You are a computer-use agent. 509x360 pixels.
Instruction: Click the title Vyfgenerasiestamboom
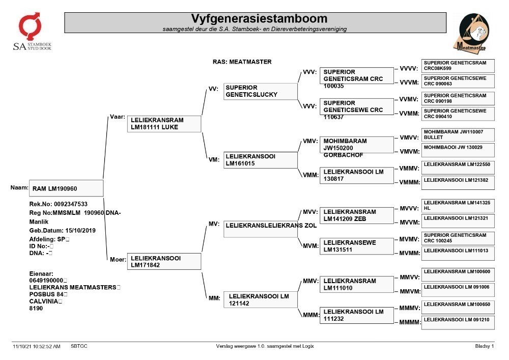point(259,18)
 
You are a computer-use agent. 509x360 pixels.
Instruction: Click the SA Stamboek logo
point(32,32)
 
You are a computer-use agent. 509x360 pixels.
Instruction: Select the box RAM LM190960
point(66,188)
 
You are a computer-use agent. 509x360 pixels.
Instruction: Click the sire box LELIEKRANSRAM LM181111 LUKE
point(164,124)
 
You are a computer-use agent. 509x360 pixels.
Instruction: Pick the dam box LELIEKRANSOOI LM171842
point(164,261)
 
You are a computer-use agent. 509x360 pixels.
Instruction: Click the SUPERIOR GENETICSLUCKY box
point(260,91)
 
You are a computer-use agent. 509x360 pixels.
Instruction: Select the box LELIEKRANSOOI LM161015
point(260,160)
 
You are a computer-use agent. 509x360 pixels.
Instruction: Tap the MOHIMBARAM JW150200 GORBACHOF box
point(356,145)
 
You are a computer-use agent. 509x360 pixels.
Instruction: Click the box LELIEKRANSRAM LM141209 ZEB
point(356,215)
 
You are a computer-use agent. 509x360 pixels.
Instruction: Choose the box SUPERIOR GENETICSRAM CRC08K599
point(458,66)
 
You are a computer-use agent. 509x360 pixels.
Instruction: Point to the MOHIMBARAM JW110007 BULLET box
point(458,135)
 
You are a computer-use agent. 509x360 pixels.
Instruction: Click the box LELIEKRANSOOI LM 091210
point(458,323)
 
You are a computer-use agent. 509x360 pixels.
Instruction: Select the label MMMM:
point(410,322)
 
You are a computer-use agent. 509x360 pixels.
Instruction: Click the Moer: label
point(118,259)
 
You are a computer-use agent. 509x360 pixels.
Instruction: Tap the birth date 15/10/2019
point(80,231)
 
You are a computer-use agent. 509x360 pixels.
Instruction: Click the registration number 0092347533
point(70,204)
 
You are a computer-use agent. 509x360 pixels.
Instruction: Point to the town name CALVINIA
point(43,301)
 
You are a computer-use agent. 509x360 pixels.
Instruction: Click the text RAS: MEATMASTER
point(242,62)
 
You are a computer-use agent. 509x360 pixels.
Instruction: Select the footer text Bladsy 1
point(485,346)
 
